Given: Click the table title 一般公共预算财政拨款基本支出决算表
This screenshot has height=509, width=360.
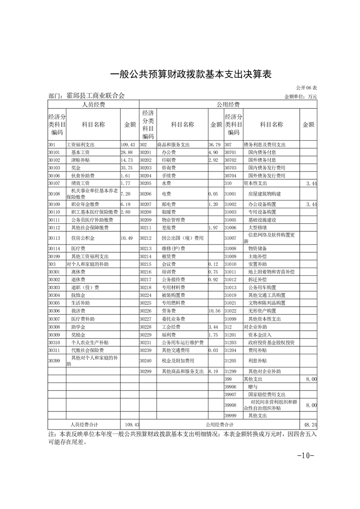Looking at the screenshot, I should click(x=191, y=74).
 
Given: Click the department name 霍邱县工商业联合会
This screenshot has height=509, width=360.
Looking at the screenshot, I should click(x=95, y=96).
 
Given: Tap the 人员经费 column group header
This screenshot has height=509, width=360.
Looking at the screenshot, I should click(x=93, y=105).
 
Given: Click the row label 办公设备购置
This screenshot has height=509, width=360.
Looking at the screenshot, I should click(x=262, y=205).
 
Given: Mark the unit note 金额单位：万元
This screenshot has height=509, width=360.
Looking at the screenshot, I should click(x=301, y=97).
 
